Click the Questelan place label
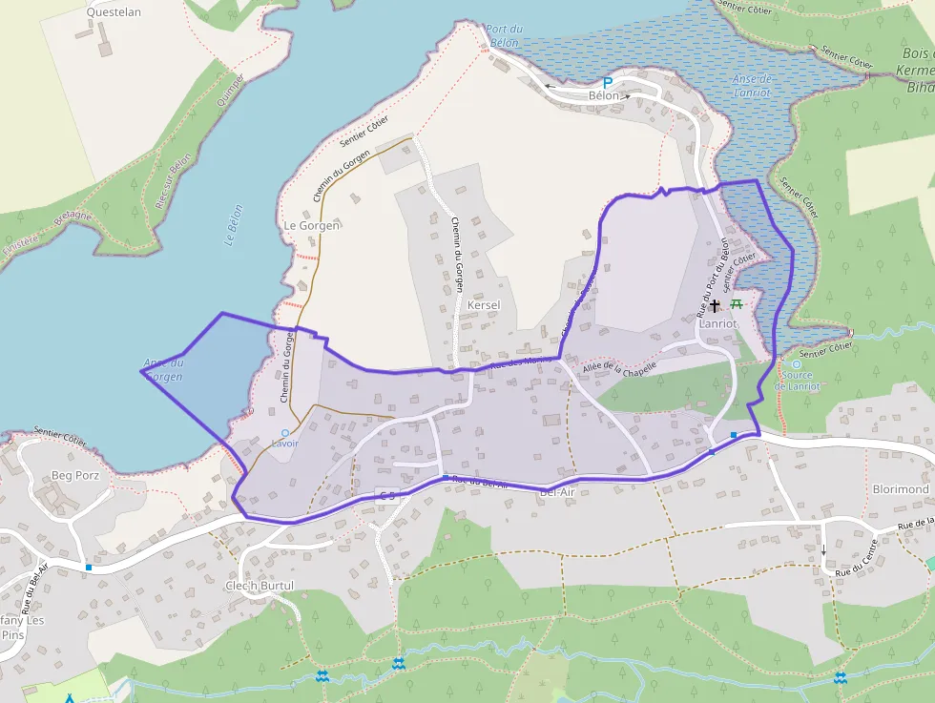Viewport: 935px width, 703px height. point(114,12)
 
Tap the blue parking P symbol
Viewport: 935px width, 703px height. point(607,84)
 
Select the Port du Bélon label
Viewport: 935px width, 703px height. point(502,36)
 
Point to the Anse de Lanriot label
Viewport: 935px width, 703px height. point(752,86)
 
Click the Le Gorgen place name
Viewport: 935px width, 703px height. point(312,225)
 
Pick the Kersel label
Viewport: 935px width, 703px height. point(485,305)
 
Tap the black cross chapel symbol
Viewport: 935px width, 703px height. point(714,306)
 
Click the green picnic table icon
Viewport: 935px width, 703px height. point(737,304)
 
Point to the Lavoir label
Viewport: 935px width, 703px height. point(284,444)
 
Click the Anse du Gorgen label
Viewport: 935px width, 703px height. point(163,369)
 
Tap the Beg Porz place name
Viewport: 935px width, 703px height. point(75,474)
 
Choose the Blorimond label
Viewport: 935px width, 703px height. point(901,489)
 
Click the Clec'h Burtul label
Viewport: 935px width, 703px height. point(260,585)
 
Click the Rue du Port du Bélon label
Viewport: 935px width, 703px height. point(713,277)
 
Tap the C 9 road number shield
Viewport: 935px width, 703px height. point(386,494)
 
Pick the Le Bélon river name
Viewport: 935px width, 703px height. point(234,226)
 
